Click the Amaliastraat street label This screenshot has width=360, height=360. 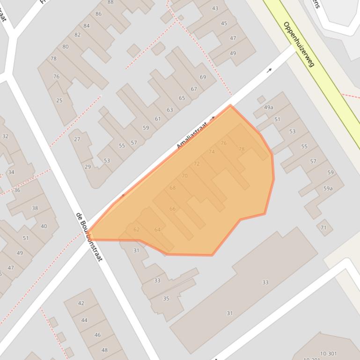191,136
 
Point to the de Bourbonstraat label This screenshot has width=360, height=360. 89,237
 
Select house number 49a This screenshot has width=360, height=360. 268,108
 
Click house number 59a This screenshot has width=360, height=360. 328,188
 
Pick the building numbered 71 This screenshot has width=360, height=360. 323,228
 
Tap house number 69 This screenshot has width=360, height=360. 203,77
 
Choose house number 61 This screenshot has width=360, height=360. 158,119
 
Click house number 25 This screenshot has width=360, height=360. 59,101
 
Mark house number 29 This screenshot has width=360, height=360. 88,167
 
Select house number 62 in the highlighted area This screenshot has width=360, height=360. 137,230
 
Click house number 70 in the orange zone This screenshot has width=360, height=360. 184,176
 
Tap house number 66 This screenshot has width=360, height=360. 172,209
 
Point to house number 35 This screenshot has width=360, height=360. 166,298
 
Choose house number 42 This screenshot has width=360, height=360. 81,303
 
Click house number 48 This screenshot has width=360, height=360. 104,350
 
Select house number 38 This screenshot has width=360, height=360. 35,208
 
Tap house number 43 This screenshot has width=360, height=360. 215,8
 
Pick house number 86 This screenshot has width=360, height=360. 98,14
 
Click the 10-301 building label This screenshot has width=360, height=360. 328,354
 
